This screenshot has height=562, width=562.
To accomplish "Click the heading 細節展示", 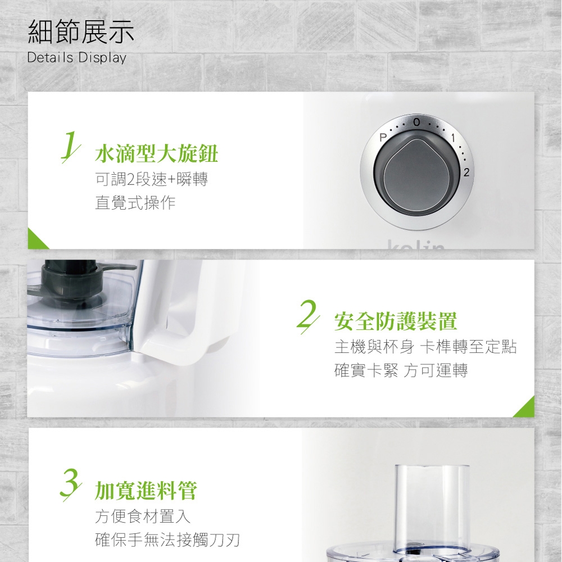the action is tap(81, 32).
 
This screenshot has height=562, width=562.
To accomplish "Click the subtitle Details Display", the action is tap(76, 58).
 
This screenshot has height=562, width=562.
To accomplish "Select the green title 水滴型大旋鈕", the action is tap(157, 154).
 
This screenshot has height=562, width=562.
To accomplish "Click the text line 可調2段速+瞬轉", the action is tap(152, 179).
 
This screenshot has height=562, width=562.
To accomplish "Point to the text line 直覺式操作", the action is tap(135, 203).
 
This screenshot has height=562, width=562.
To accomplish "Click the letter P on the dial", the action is tap(383, 138).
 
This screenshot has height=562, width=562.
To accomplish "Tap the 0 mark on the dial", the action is tap(416, 122).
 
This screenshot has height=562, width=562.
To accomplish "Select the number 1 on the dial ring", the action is tap(453, 138).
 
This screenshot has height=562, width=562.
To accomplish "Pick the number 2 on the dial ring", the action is tap(466, 173).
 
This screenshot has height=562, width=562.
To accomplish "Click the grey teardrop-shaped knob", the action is tap(417, 175).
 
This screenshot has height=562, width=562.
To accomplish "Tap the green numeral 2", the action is tap(308, 316).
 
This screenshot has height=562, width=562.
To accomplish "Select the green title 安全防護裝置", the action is tap(396, 321).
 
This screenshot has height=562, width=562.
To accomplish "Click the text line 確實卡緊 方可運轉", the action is tap(401, 370).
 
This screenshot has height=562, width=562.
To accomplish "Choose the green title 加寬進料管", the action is tap(146, 490).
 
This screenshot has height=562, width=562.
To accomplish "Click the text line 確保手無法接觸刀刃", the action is tap(167, 540).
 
